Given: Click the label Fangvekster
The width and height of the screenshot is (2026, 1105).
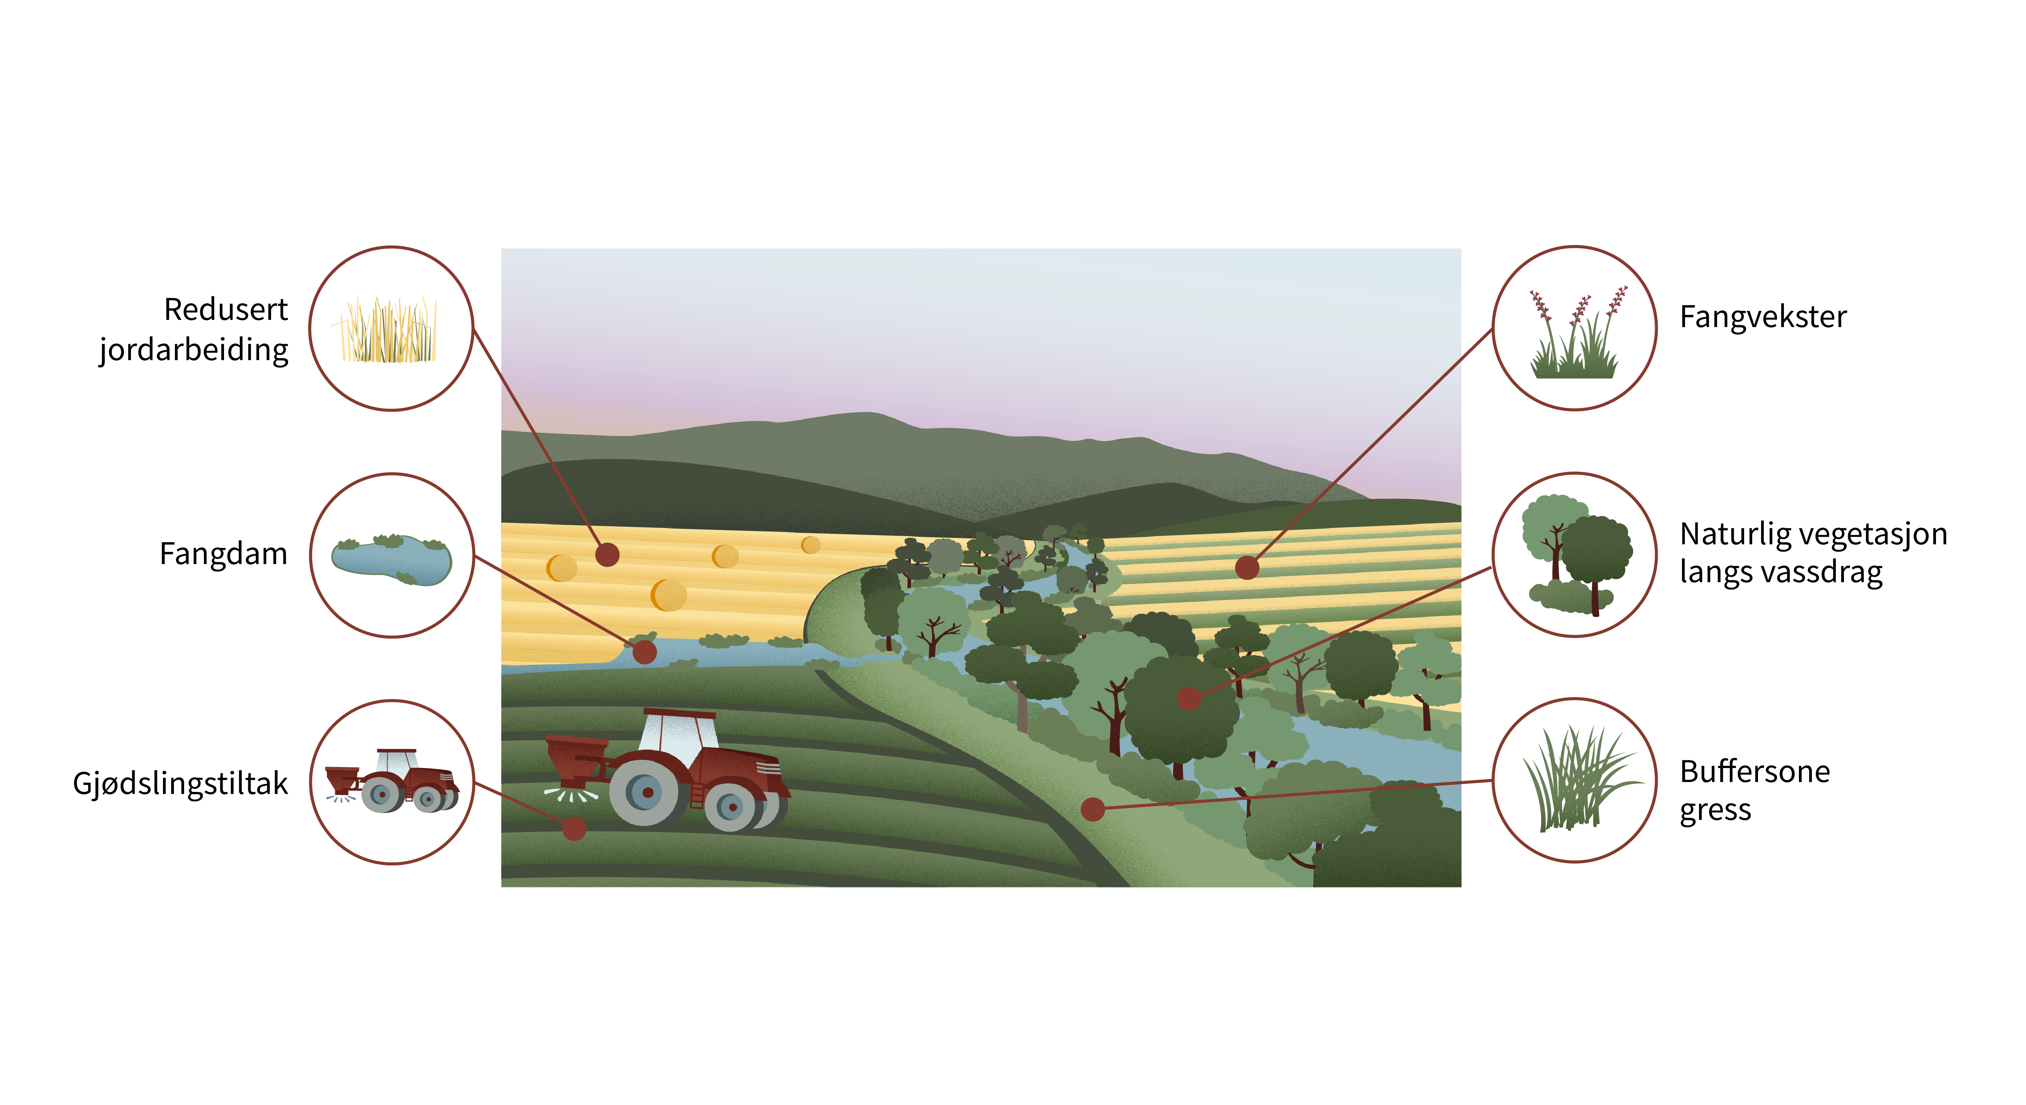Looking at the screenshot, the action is pyautogui.click(x=1762, y=317).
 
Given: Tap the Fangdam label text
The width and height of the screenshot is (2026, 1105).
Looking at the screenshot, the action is pyautogui.click(x=223, y=554).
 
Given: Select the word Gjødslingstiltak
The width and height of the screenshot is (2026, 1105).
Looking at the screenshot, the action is pyautogui.click(x=180, y=784).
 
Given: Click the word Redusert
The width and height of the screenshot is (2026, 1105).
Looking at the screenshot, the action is pyautogui.click(x=226, y=310).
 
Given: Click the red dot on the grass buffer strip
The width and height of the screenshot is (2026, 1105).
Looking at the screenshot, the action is pyautogui.click(x=1092, y=809).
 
